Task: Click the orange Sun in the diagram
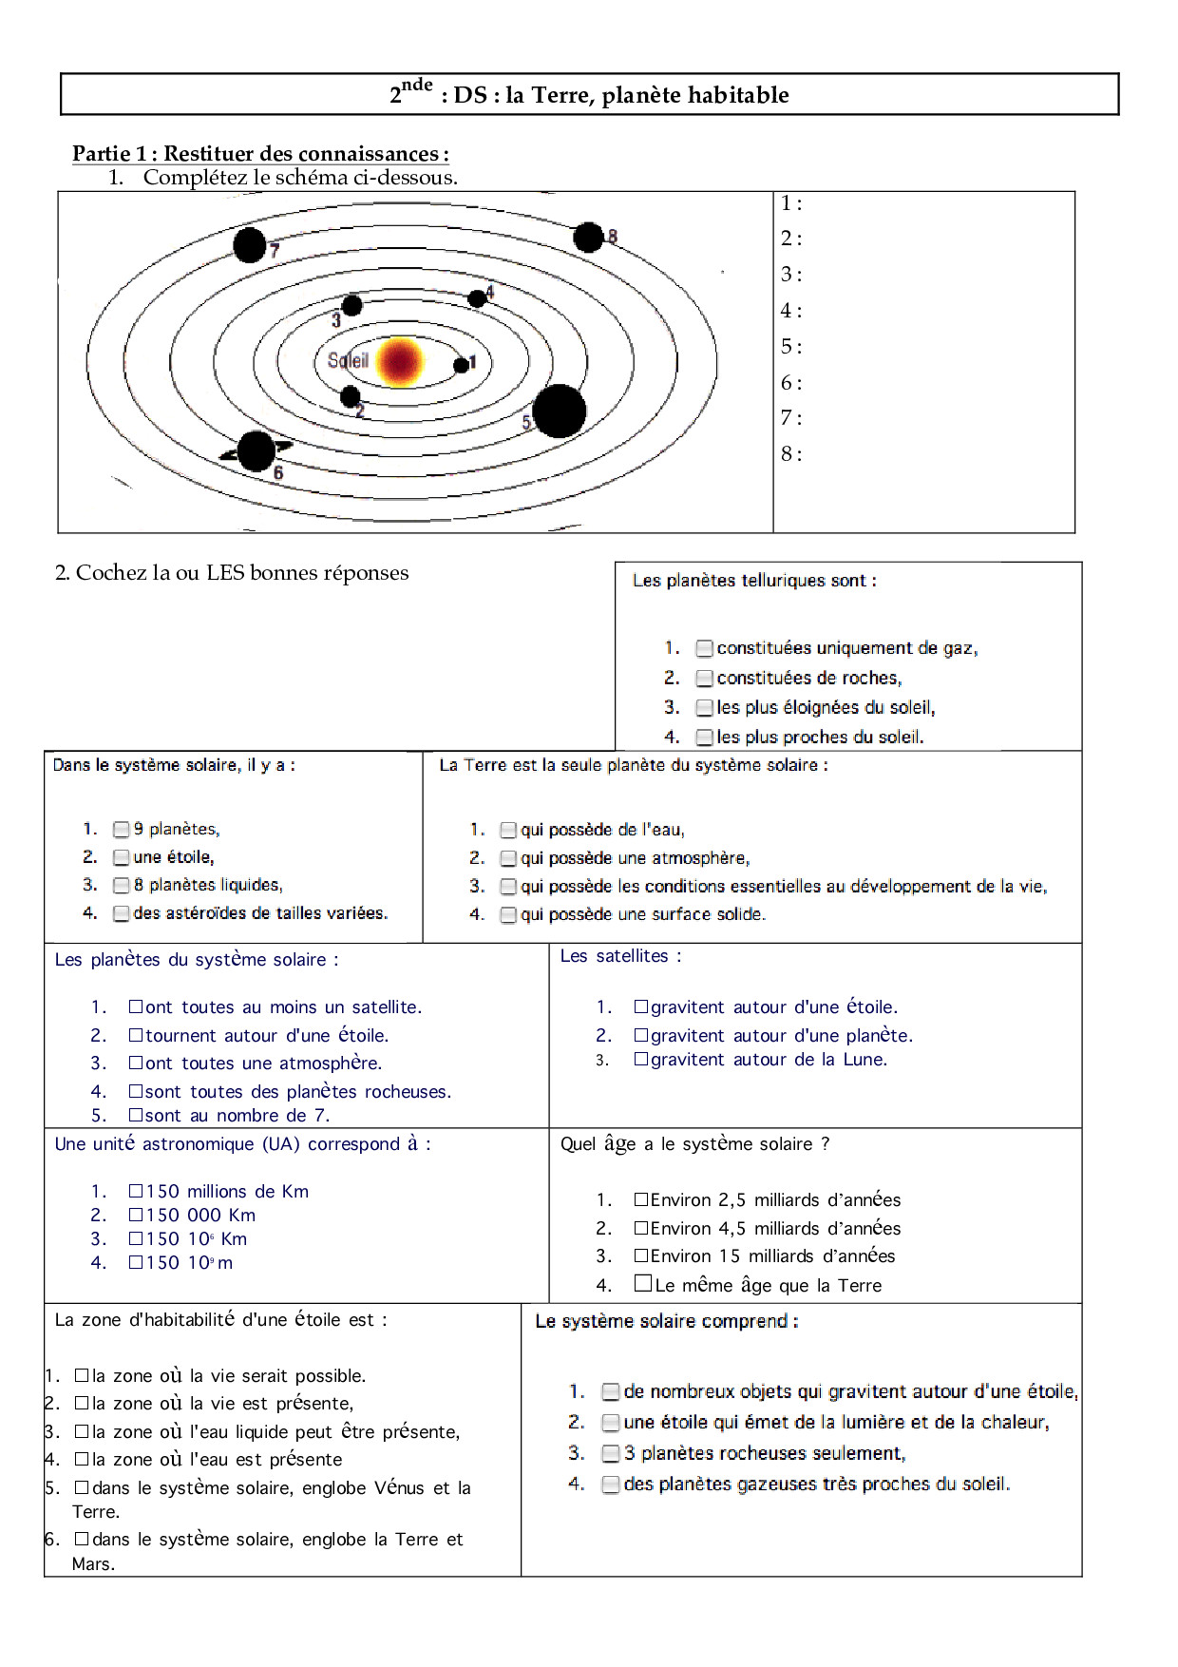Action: click(x=399, y=361)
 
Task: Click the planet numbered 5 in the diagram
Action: click(x=559, y=412)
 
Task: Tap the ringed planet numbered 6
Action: click(x=256, y=450)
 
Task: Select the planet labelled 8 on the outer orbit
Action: click(x=588, y=237)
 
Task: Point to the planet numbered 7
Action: click(x=250, y=245)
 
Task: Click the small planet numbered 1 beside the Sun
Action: click(x=462, y=365)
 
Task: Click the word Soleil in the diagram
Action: click(x=348, y=360)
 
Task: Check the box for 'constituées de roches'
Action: click(x=704, y=679)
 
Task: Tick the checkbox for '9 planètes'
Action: click(x=122, y=830)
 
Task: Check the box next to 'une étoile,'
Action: click(x=122, y=857)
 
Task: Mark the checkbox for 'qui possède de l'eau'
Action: click(x=508, y=831)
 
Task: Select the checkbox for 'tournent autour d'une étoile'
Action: click(x=136, y=1035)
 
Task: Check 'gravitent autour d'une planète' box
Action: click(x=641, y=1035)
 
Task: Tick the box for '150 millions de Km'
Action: click(x=136, y=1191)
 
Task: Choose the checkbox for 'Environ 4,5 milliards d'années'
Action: click(x=641, y=1228)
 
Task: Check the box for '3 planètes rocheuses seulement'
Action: click(x=611, y=1454)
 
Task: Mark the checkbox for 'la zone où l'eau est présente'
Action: click(x=82, y=1459)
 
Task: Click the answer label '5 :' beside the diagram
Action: click(x=791, y=347)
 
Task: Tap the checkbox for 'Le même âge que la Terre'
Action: click(x=643, y=1284)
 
